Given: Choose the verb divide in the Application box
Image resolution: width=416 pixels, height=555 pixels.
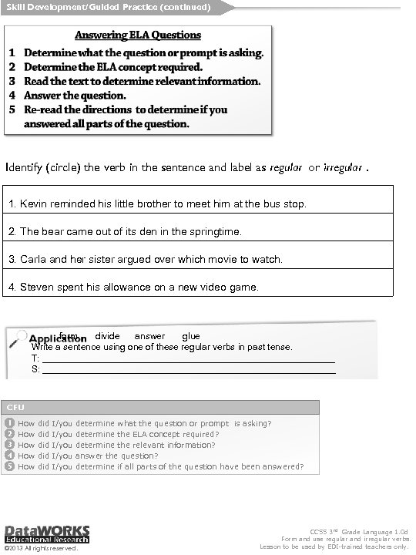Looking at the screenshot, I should point(107,336).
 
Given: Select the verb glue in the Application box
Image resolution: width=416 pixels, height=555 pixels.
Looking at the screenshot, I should point(191,336).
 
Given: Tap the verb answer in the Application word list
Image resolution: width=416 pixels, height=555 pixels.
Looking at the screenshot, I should point(149,336).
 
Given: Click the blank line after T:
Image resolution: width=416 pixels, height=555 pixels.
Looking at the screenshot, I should point(189,359).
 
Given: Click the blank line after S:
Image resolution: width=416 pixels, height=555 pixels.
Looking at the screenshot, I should point(189,370).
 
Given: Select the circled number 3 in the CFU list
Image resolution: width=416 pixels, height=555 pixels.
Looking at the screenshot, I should point(8,445).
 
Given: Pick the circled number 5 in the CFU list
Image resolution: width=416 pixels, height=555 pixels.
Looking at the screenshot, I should point(8,466).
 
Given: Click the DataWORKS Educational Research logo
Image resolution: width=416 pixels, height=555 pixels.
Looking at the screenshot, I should point(46,534).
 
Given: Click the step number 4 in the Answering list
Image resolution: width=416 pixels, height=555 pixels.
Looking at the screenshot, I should point(13,96).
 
